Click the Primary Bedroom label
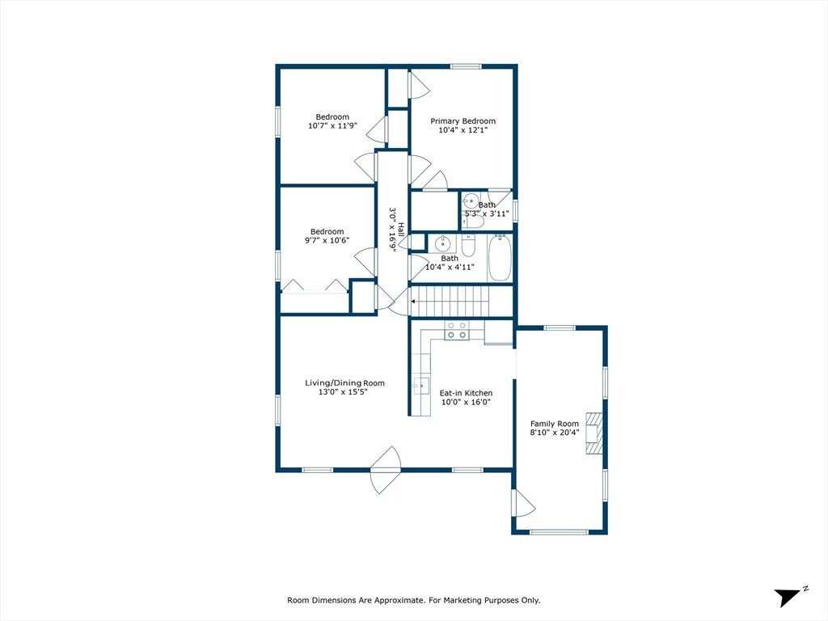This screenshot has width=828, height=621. pos(463,121)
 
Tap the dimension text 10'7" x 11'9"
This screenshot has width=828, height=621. pos(332,126)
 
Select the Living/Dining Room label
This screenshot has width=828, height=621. pos(344,383)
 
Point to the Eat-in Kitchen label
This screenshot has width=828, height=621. pos(466,393)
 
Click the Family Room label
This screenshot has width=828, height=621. pos(555,424)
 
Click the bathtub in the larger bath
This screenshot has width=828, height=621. pos(500,257)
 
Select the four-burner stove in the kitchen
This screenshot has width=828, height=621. pos(456,330)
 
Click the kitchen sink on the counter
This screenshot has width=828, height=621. pos(421,386)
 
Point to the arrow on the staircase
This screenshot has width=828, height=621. pos(415,301)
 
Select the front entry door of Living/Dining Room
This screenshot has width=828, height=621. pos(387,470)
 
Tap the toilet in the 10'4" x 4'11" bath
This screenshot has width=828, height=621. pos(469,243)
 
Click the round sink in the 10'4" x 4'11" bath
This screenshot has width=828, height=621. pos(442,243)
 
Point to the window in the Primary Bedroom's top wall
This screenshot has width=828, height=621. pos(467,66)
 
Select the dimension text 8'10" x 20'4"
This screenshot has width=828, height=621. pos(555,433)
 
